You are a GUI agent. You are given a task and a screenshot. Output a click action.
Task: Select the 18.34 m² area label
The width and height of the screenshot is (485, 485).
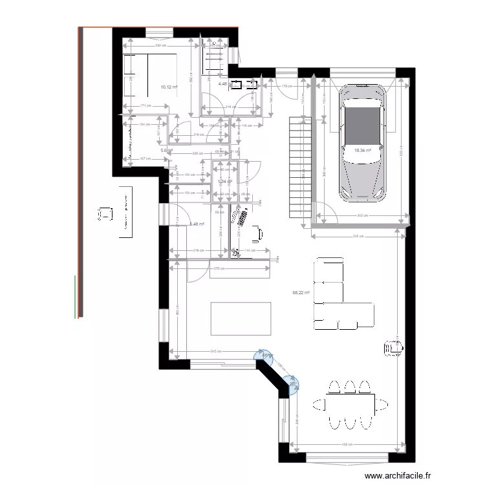363,150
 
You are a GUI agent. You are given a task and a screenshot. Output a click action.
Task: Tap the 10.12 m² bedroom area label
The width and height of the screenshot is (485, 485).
169,87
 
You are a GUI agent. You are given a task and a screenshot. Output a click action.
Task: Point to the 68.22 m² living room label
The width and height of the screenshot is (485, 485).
301,292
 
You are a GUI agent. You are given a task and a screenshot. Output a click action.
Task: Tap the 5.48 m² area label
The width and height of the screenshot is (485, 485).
197,224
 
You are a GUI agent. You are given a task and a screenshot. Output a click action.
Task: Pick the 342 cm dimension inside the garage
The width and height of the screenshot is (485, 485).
362,216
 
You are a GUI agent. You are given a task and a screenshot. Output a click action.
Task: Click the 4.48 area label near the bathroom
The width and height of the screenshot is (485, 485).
222,83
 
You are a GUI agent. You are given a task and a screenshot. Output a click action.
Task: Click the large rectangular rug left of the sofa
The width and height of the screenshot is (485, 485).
240,318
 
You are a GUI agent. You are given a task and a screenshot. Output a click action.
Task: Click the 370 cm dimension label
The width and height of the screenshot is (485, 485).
220,268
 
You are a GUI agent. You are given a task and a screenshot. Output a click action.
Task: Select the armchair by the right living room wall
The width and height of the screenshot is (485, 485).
393,347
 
